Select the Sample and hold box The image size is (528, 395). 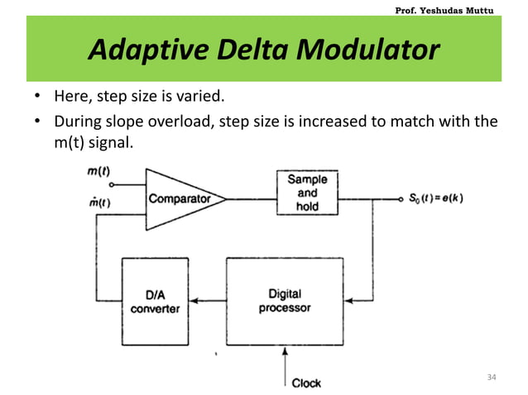pyautogui.click(x=307, y=192)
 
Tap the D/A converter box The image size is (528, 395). pyautogui.click(x=154, y=302)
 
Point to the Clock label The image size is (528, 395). pyautogui.click(x=306, y=383)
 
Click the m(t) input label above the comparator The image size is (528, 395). pyautogui.click(x=100, y=171)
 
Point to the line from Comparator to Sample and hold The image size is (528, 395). pyautogui.click(x=250, y=198)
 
